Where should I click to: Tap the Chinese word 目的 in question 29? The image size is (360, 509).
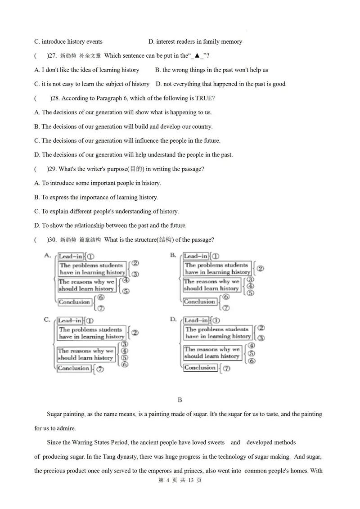(x=136, y=169)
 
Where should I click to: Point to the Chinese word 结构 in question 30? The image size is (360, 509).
(x=165, y=240)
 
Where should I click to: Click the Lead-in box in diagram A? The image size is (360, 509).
(x=71, y=257)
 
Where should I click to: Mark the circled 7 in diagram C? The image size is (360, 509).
(x=99, y=369)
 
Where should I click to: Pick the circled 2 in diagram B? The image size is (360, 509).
(x=260, y=269)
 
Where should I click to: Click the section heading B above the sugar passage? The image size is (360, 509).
(x=180, y=400)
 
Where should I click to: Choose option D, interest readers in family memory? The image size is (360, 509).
(x=195, y=42)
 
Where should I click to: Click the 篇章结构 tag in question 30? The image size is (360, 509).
(x=90, y=240)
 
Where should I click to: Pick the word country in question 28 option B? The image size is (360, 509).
(x=201, y=126)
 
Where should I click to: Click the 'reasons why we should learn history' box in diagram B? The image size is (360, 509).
(x=211, y=285)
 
